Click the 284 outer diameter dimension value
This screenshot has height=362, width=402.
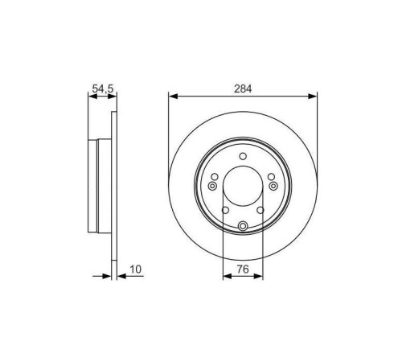click(x=242, y=88)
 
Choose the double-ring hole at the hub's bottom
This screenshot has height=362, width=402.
click(x=242, y=225)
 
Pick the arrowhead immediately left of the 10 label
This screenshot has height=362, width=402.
click(x=109, y=276)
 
